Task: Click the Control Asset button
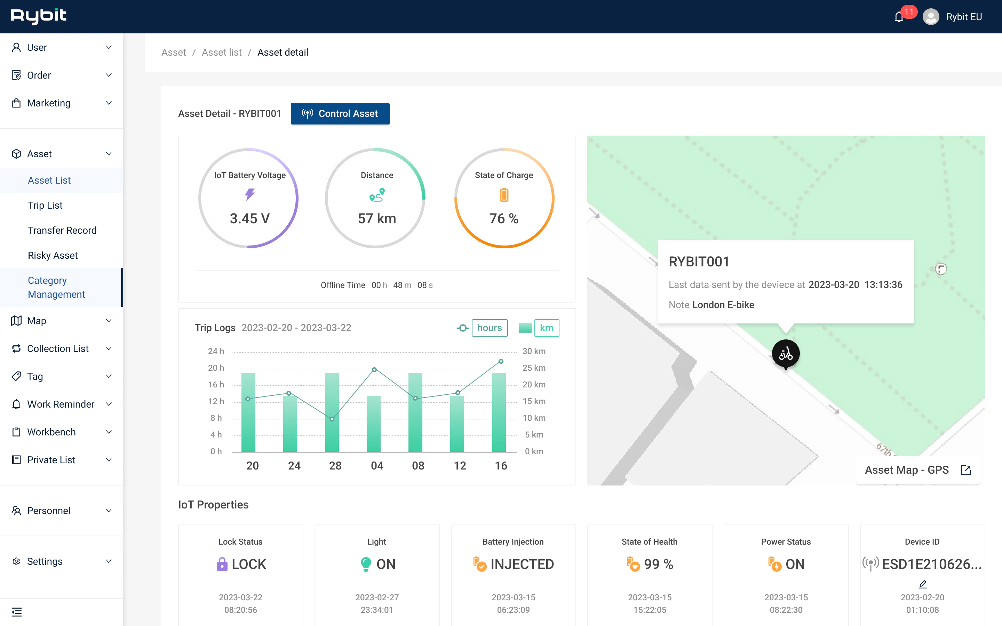pyautogui.click(x=340, y=113)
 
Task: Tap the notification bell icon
pyautogui.click(x=898, y=17)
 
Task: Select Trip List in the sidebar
pyautogui.click(x=45, y=205)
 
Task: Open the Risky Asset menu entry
pyautogui.click(x=53, y=256)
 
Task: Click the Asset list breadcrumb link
pyautogui.click(x=222, y=52)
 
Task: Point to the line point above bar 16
pyautogui.click(x=501, y=361)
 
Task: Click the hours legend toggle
pyautogui.click(x=490, y=328)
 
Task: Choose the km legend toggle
pyautogui.click(x=546, y=328)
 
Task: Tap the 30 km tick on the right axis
pyautogui.click(x=534, y=351)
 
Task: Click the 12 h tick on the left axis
pyautogui.click(x=216, y=401)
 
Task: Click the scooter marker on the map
pyautogui.click(x=786, y=354)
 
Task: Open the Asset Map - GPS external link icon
pyautogui.click(x=965, y=470)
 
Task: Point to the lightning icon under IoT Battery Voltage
pyautogui.click(x=250, y=194)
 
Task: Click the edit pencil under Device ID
pyautogui.click(x=923, y=584)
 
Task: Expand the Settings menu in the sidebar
pyautogui.click(x=61, y=561)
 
